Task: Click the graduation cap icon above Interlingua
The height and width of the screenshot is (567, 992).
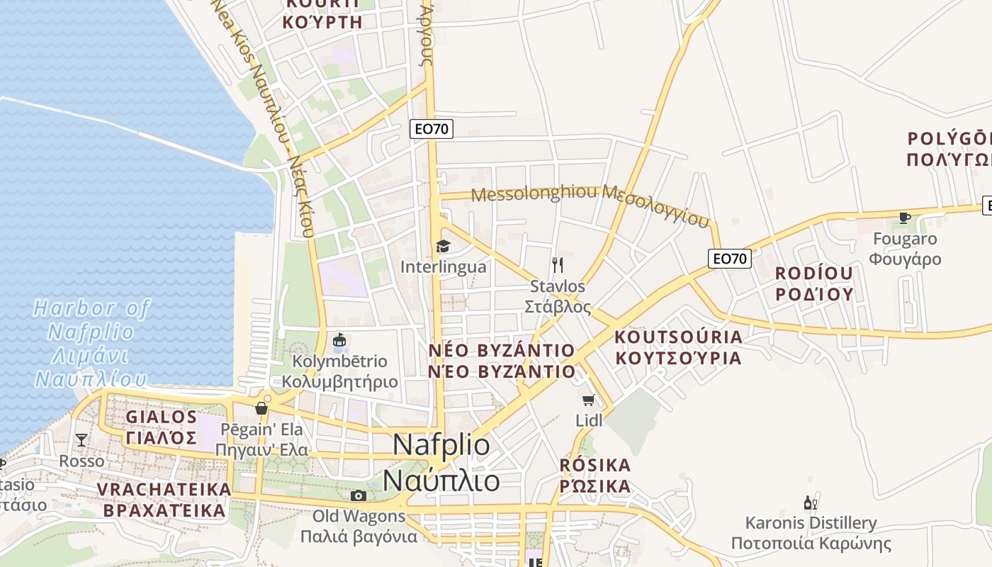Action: (x=443, y=246)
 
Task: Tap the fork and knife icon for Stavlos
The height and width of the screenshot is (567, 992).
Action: (x=558, y=265)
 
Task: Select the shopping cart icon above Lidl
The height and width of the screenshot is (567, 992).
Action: (x=588, y=400)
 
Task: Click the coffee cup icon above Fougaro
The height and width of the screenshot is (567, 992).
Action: (x=904, y=218)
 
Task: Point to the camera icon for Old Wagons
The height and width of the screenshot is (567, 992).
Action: (x=359, y=495)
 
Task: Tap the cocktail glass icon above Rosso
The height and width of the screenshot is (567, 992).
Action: (x=81, y=440)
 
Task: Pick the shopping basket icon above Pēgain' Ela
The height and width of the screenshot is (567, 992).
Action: (x=261, y=408)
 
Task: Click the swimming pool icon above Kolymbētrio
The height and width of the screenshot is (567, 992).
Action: (x=339, y=341)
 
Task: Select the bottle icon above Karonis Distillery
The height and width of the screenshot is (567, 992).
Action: (x=811, y=503)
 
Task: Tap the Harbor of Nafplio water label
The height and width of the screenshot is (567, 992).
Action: (x=91, y=343)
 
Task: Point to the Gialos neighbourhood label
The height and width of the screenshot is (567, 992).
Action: (x=162, y=427)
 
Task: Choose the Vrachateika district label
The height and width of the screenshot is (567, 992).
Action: (x=164, y=500)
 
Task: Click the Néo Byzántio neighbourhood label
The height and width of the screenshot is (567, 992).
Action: (x=502, y=361)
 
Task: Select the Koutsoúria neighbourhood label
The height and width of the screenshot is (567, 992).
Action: (x=678, y=347)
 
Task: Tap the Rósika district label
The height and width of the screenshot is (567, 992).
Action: (x=595, y=476)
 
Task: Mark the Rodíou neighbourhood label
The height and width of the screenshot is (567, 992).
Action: (x=814, y=283)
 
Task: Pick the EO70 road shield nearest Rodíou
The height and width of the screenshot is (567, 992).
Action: (x=729, y=259)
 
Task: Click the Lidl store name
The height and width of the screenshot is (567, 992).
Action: (x=589, y=420)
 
